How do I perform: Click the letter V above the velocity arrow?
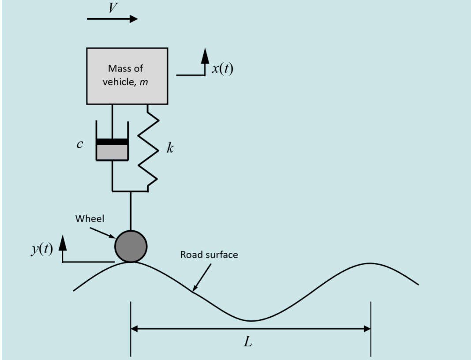[113, 8]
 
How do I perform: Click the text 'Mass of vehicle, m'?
[126, 75]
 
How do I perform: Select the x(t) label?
[222, 69]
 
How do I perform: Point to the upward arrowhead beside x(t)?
[205, 55]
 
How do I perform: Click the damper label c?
[80, 145]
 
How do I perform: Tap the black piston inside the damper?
[112, 142]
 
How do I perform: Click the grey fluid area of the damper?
[112, 152]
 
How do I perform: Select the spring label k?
[170, 149]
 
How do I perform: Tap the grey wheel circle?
[131, 246]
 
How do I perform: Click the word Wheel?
[90, 218]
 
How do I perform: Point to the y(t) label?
[42, 249]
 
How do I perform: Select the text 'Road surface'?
[209, 255]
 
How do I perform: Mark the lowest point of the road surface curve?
[250, 321]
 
